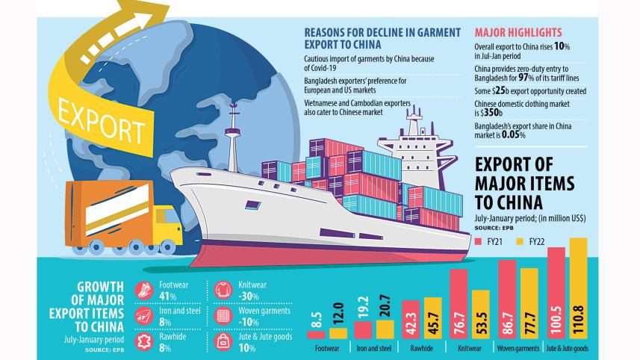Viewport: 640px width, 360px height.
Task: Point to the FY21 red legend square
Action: pyautogui.click(x=479, y=241)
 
